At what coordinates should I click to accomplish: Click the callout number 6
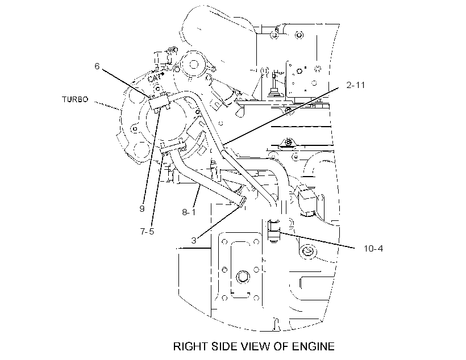coord(97,66)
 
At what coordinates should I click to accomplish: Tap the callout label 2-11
coord(356,85)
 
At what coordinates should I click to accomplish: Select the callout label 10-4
coord(373,248)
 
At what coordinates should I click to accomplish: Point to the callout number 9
coord(142,209)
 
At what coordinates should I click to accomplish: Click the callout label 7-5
coord(147,231)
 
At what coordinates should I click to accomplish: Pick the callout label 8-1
coord(189,212)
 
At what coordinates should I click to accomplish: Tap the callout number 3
coord(194,241)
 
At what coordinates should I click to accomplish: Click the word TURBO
coord(75,99)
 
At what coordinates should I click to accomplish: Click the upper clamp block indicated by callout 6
coord(159,102)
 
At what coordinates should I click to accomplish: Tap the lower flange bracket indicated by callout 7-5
coord(173,148)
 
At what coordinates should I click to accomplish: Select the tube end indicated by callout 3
coord(242,202)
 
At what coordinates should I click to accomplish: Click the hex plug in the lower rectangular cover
coord(242,277)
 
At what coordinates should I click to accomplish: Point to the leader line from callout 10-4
coord(317,240)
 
